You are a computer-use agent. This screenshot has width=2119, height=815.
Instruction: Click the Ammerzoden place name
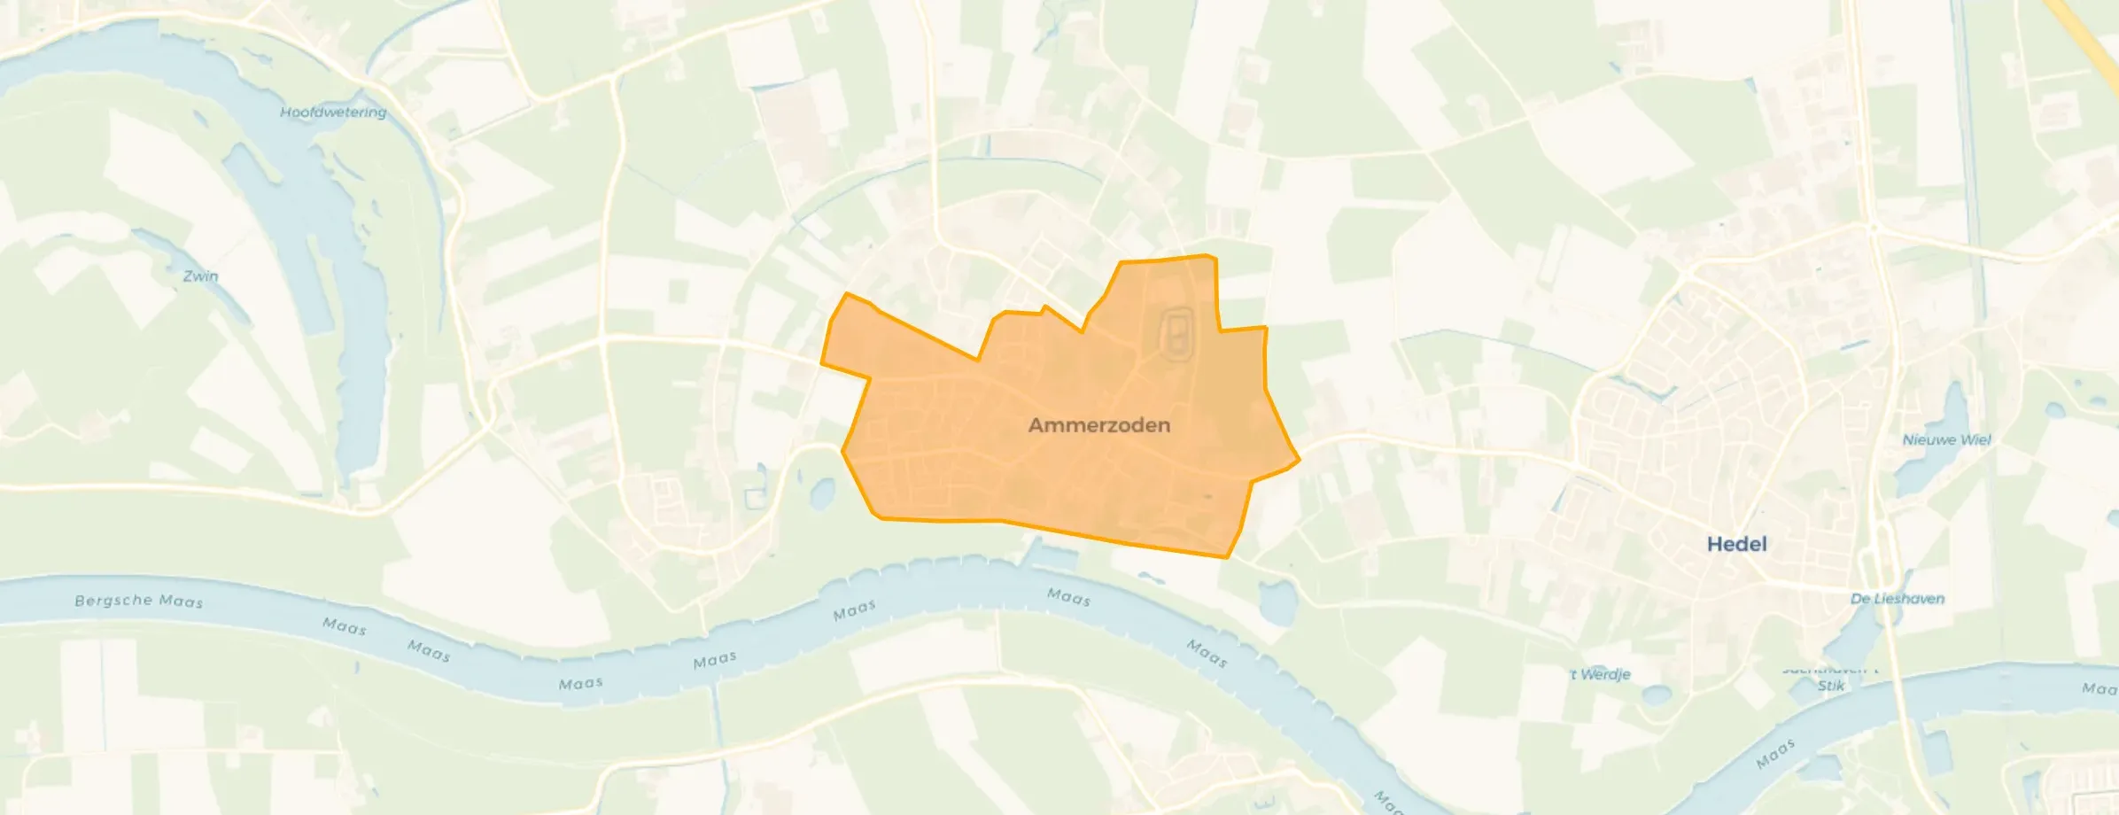[1098, 425]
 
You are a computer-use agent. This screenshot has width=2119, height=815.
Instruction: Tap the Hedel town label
[1736, 544]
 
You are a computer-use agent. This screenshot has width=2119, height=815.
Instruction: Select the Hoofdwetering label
[333, 113]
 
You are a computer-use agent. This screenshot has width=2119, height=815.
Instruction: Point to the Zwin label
[200, 276]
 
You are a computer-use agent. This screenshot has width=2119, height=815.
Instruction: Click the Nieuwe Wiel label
[1946, 439]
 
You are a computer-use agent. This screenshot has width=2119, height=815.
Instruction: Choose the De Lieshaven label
[1898, 599]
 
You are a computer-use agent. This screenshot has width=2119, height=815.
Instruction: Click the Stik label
[1831, 686]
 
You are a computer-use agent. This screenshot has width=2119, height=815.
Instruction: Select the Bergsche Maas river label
[139, 601]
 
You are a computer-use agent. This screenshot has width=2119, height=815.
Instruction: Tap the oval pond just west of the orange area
[821, 493]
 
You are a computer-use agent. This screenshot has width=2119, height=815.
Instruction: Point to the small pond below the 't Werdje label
[1655, 695]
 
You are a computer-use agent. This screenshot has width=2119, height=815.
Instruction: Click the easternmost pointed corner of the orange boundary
[1300, 460]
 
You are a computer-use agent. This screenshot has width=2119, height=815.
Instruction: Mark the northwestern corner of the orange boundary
[848, 293]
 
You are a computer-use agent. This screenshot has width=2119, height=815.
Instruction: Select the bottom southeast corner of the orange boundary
[1226, 557]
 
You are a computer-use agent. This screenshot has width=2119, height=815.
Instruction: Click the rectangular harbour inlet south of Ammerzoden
[1053, 556]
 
